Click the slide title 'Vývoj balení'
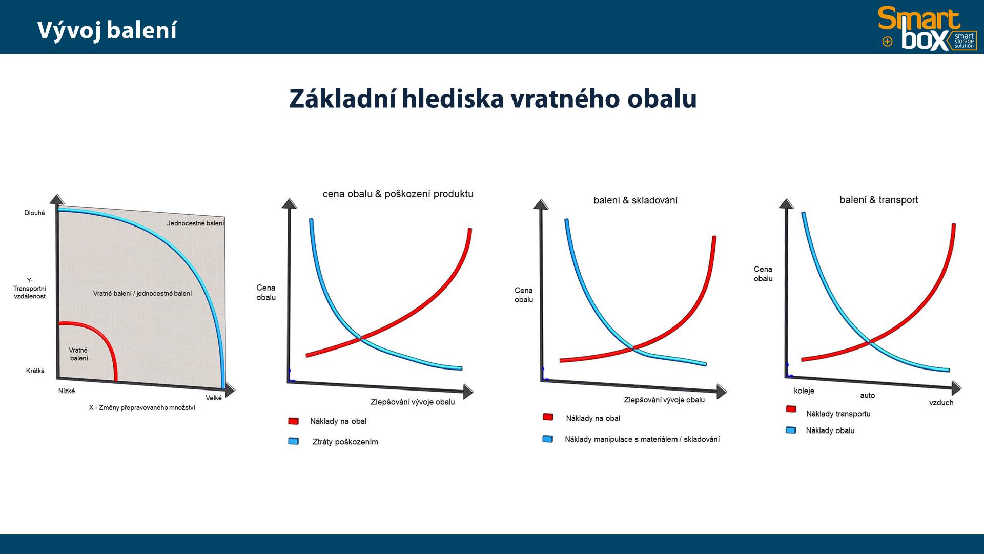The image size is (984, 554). (107, 30)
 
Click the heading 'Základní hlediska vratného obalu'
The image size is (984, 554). (493, 98)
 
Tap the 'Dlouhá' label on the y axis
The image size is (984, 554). (34, 213)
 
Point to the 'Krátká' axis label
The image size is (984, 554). (35, 371)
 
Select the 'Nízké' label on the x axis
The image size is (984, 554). (67, 391)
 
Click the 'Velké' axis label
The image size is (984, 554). (214, 398)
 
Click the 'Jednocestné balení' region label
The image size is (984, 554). (195, 223)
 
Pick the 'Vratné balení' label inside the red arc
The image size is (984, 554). (78, 354)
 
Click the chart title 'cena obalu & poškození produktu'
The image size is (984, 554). (398, 194)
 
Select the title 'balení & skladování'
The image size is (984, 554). (635, 200)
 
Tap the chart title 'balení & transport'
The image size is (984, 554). (879, 200)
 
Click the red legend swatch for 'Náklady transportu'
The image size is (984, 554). (791, 409)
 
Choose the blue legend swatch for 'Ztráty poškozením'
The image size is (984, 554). (294, 441)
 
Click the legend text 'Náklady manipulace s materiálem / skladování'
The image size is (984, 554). (642, 439)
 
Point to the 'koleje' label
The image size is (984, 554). (804, 391)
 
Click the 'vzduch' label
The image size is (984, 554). (941, 403)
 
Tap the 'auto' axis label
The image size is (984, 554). (868, 395)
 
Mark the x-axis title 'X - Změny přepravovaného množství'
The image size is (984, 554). (142, 408)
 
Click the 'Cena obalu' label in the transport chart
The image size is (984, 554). (763, 274)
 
